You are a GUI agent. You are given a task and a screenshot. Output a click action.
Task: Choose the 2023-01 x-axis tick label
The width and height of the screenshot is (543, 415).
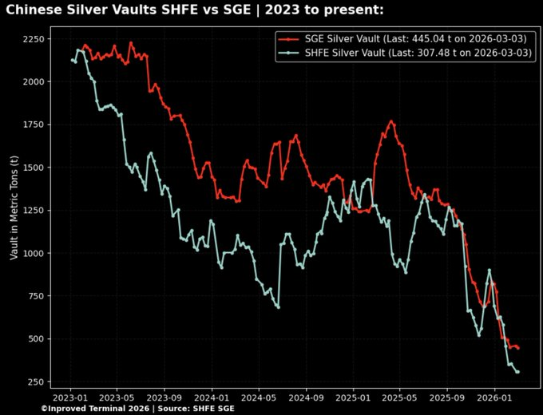71,397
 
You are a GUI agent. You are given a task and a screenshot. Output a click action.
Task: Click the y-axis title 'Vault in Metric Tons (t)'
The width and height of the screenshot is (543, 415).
14,208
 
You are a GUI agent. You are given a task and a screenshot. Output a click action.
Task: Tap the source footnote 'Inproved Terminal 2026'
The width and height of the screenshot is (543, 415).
137,409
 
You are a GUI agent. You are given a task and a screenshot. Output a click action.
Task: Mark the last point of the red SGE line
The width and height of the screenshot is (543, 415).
518,348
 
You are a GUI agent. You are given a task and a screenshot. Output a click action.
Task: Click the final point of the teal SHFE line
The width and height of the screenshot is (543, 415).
518,372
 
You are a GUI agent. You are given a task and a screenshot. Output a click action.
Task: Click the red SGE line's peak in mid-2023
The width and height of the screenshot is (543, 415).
131,43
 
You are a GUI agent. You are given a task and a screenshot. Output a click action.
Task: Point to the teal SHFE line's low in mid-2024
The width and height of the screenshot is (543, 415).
278,306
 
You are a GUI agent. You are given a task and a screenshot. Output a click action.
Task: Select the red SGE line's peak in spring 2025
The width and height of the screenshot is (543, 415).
391,121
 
